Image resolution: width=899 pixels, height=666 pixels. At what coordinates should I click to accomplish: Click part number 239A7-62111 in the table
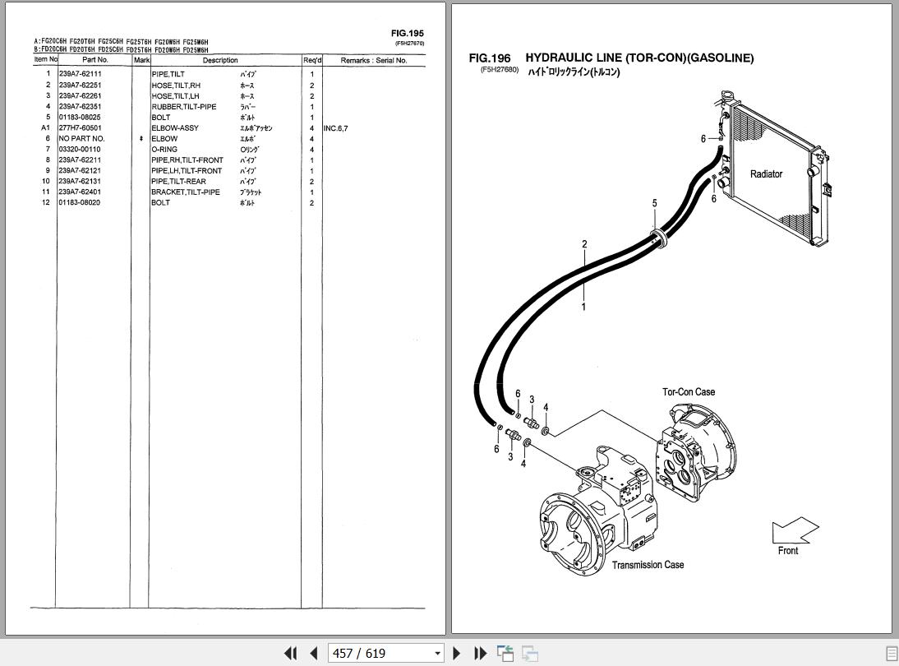(80, 75)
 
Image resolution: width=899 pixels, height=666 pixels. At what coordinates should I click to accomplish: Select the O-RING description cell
(164, 150)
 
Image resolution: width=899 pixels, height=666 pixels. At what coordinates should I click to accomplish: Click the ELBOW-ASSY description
(174, 128)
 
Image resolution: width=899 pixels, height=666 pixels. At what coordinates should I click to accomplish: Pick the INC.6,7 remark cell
(335, 128)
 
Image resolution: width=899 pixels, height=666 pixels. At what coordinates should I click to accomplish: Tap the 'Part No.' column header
(95, 60)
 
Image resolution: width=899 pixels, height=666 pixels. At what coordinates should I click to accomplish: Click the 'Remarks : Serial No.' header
(373, 60)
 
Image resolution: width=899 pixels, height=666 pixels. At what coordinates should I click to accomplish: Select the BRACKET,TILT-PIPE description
(185, 192)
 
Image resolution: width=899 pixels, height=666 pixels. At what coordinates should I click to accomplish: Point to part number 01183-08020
(80, 203)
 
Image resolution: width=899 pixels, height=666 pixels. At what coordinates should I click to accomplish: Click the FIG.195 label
(408, 34)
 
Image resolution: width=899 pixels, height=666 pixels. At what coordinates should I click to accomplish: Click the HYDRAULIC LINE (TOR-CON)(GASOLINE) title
(639, 58)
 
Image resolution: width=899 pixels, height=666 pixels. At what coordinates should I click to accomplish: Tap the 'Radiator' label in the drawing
(766, 174)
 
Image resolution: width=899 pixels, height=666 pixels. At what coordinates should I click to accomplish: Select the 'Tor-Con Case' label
(689, 392)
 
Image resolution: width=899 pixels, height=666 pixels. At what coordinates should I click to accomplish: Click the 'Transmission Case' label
(648, 565)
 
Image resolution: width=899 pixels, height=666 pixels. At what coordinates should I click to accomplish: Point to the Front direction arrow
(795, 530)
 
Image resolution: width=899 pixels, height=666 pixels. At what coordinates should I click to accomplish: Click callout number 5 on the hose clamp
(655, 203)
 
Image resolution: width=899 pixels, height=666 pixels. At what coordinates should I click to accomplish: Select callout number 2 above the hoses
(584, 244)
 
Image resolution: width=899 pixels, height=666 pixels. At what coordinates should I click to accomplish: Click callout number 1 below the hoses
(583, 308)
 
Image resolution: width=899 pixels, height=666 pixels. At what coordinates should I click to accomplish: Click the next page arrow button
(458, 654)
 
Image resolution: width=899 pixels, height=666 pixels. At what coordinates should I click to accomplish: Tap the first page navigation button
(290, 654)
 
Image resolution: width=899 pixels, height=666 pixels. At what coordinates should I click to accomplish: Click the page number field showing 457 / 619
(385, 654)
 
